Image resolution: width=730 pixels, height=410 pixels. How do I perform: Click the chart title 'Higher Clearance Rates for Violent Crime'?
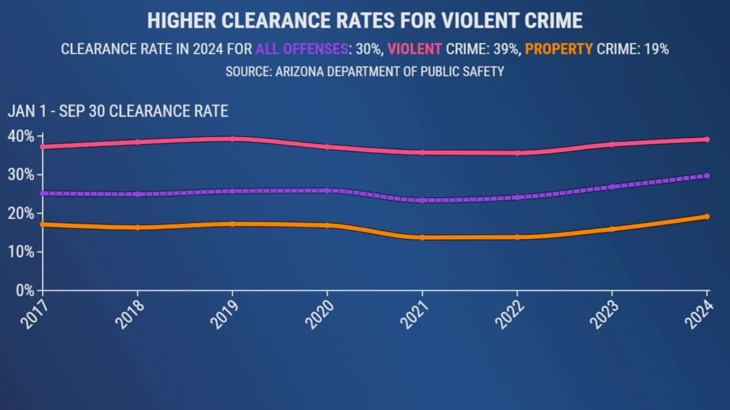coord(365,21)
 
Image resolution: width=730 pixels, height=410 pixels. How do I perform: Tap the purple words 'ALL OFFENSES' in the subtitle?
coord(302,49)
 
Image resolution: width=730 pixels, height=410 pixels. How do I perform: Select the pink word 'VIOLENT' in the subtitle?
coord(415,49)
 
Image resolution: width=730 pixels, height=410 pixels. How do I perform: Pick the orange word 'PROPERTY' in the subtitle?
coord(559,49)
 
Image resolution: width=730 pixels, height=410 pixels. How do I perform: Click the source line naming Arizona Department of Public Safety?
coord(365,72)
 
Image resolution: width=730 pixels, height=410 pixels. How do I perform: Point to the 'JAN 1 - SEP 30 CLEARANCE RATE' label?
coord(117,111)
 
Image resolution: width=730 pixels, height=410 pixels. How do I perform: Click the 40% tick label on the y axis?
coord(21,136)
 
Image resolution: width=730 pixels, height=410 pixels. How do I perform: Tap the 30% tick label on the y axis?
coord(21,175)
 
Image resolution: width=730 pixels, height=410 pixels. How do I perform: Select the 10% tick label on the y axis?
coord(21,252)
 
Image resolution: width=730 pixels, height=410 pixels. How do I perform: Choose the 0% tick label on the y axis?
coord(24,290)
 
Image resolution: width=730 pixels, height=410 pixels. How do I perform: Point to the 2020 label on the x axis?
coord(319,314)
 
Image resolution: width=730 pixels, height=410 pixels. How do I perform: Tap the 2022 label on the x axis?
coord(509,314)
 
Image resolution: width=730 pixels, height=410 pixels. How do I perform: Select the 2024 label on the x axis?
coord(699,314)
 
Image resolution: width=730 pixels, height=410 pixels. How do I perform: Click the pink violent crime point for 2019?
coord(232,138)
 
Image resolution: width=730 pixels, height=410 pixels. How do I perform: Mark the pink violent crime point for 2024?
coord(707,139)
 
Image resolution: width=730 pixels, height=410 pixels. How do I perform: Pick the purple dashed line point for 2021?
coord(422,200)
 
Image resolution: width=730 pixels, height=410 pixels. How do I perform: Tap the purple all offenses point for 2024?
coord(707,176)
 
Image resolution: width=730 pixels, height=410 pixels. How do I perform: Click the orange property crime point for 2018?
coord(137,227)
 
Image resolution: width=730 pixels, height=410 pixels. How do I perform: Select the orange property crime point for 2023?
coord(612,229)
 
